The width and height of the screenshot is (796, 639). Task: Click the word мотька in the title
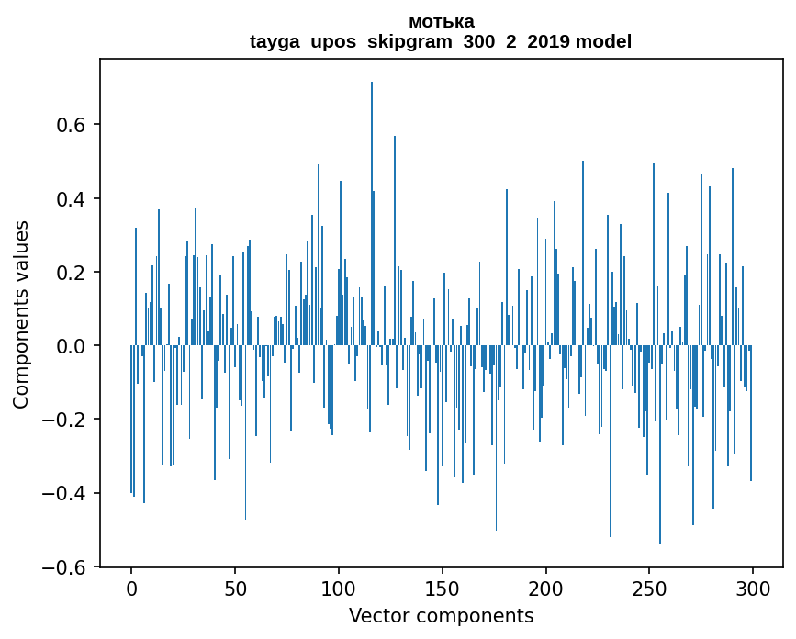pos(441,21)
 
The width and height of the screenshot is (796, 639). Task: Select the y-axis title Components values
pos(21,314)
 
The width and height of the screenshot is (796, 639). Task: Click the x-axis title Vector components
pos(441,615)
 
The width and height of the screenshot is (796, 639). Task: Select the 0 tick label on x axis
pos(131,589)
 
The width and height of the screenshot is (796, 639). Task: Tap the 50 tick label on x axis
pos(235,589)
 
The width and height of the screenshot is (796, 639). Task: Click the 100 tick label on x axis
pos(339,589)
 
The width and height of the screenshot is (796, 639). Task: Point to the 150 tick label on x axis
pos(443,589)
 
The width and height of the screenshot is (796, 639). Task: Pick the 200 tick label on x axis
pos(546,589)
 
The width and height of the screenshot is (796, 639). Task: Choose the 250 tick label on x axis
pos(649,589)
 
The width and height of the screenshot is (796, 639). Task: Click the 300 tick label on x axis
pos(753,589)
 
